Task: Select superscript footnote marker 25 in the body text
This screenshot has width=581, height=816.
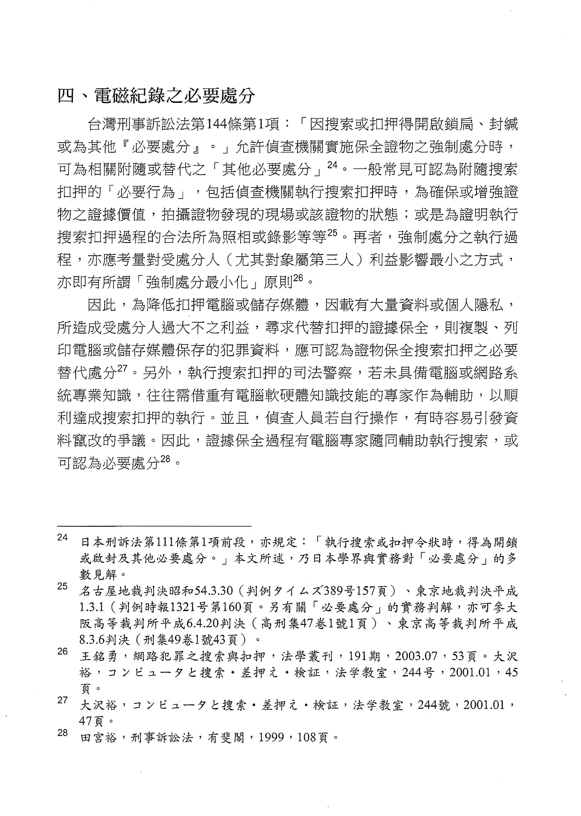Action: click(332, 233)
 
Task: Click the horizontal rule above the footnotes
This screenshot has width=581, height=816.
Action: click(154, 526)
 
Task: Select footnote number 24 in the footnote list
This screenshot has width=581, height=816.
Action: click(62, 538)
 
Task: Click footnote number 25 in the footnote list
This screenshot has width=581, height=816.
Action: click(62, 586)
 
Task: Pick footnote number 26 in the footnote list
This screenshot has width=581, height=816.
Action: click(62, 651)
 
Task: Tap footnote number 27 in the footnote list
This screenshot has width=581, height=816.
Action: click(62, 700)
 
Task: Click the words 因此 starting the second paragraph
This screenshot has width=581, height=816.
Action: click(102, 305)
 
